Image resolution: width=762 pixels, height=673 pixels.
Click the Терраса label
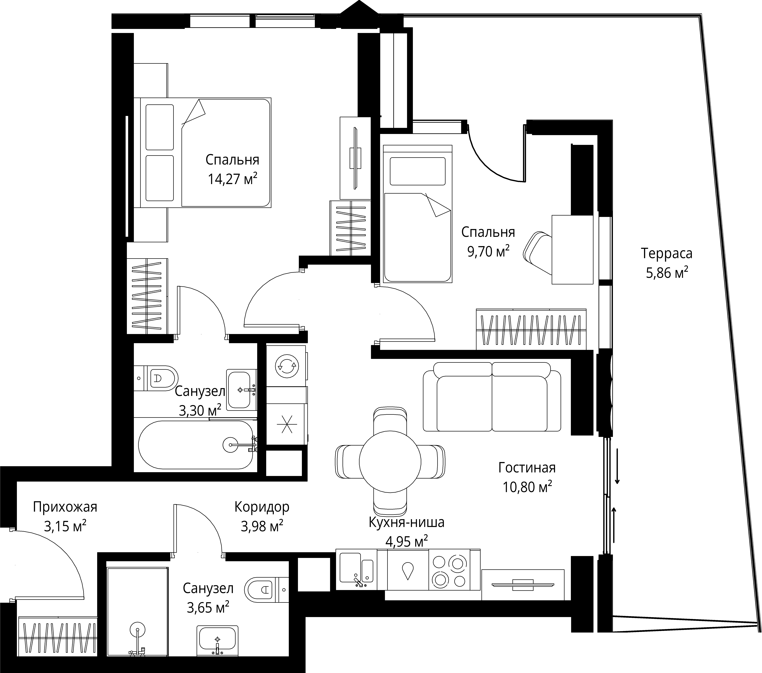point(667,253)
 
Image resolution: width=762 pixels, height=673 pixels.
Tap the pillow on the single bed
point(418,171)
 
